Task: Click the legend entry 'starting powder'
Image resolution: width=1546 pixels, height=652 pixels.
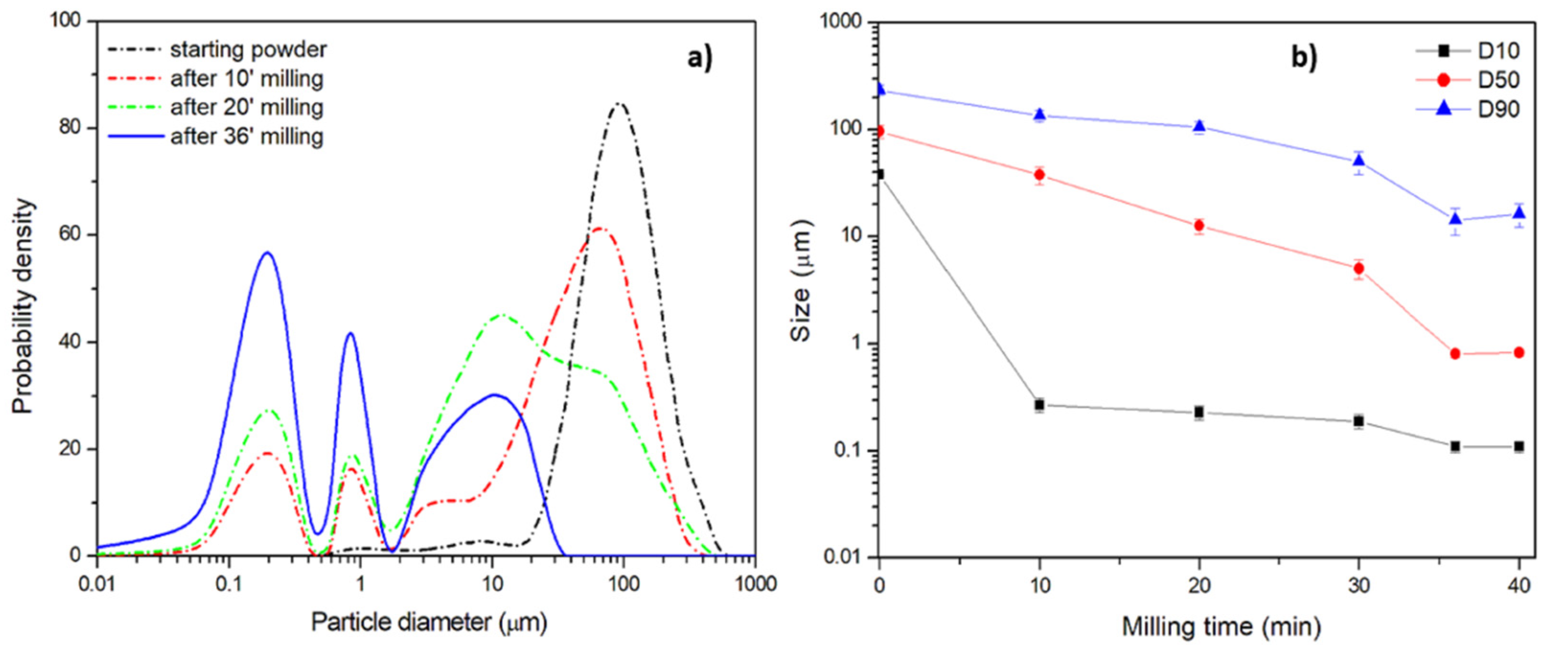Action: pos(248,50)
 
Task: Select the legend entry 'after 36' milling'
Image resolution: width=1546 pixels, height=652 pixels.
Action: pos(247,137)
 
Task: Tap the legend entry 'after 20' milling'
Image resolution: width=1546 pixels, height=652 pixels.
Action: pos(247,108)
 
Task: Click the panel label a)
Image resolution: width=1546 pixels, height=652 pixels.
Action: pos(699,59)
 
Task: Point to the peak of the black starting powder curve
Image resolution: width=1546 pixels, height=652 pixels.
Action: pos(619,105)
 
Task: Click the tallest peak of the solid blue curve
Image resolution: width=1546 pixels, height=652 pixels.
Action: pos(268,253)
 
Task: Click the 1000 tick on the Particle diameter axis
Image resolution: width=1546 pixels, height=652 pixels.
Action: pos(754,583)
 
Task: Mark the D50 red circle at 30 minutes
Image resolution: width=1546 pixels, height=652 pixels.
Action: pos(1359,268)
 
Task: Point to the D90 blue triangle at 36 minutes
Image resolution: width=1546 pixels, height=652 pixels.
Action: pos(1455,219)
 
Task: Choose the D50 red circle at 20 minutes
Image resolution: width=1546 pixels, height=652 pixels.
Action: pos(1199,226)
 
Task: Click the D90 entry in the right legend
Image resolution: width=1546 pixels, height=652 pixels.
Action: pos(1498,109)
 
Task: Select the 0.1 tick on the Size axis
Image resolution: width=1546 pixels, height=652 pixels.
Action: pos(848,451)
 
